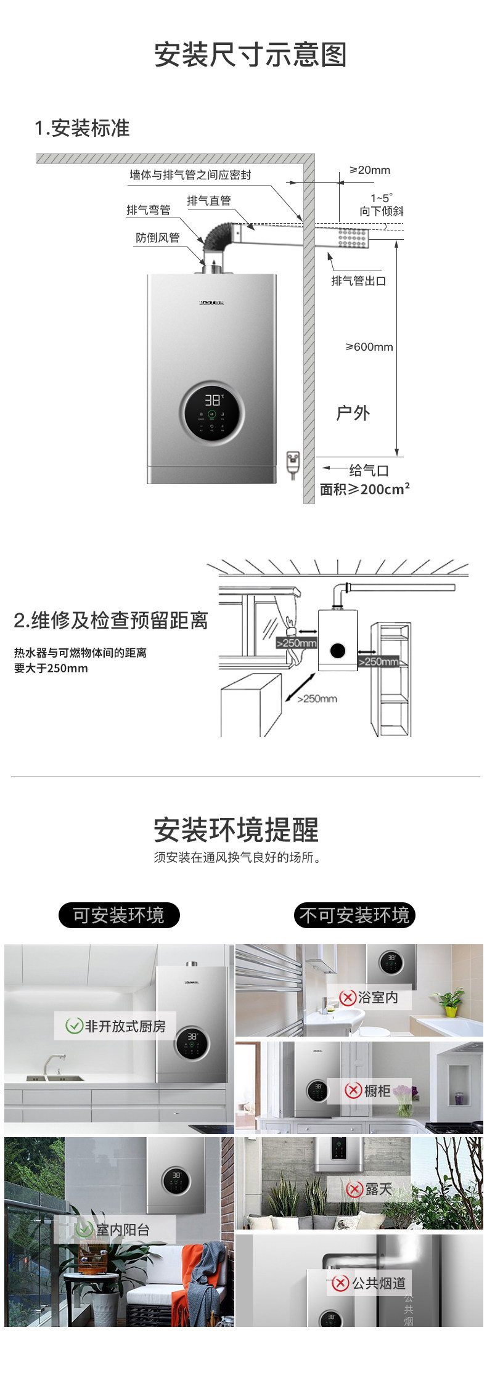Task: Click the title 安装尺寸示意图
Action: [x=250, y=55]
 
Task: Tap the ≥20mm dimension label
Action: [x=369, y=170]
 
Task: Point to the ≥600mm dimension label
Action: [x=369, y=347]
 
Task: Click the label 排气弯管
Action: [x=148, y=210]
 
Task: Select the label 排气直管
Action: [x=209, y=201]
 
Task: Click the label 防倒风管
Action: [x=157, y=238]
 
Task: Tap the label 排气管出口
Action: [x=358, y=281]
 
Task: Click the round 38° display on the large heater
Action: [x=212, y=412]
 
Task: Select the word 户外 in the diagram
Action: [x=353, y=413]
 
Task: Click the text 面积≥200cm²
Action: [x=364, y=489]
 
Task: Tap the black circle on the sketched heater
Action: [x=337, y=650]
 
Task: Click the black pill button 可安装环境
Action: [x=119, y=915]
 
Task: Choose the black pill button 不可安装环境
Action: [x=354, y=915]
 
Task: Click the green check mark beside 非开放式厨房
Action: [x=74, y=1026]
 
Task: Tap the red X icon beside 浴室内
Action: [x=348, y=997]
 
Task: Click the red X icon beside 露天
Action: [x=354, y=1189]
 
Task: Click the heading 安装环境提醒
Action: [x=236, y=830]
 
